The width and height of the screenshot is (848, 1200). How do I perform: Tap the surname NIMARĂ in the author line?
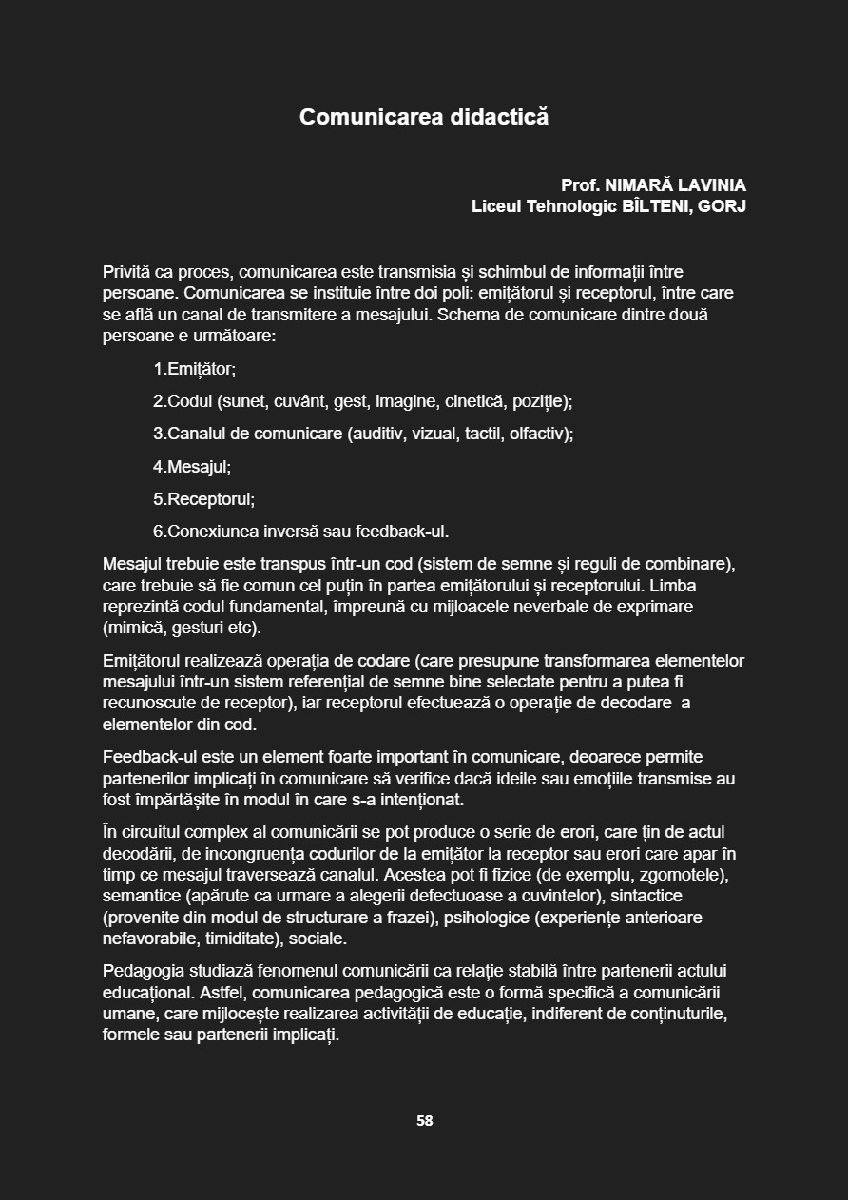coord(639,185)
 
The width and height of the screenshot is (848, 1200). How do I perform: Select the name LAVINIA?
coord(712,185)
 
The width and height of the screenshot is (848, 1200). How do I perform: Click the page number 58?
coord(424,1121)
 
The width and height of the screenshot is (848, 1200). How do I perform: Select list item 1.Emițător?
coord(195,369)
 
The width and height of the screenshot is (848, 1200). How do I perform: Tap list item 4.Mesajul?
coord(192,467)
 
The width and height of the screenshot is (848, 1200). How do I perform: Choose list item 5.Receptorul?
coord(204,499)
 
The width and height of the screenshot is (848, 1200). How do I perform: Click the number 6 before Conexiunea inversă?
coord(158,532)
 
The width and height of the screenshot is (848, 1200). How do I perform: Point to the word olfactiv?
coord(538,435)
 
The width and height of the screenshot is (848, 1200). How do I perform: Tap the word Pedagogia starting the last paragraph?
coord(144,971)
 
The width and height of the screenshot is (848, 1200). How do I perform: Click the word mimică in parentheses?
coord(133,629)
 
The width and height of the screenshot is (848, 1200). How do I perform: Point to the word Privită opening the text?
coord(127,272)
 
